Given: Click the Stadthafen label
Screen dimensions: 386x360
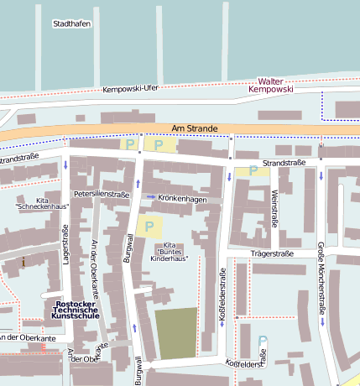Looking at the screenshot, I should pos(71,23).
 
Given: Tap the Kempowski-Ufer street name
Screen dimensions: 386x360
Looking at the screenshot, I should pos(130,89).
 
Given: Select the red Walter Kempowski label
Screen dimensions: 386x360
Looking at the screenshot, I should pos(287,83).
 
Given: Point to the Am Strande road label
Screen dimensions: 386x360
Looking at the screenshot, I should pos(188,128).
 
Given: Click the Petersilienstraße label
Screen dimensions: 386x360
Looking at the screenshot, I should pos(101,194).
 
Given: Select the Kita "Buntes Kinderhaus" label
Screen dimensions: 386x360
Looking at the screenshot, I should pos(171,253).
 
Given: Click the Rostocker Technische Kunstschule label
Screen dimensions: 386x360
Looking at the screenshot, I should pos(76,310).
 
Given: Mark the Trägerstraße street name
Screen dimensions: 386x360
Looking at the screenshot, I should pos(272,253).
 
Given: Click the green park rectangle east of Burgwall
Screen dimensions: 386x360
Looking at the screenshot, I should pos(176,333).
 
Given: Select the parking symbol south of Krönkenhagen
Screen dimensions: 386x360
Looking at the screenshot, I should pos(149,225).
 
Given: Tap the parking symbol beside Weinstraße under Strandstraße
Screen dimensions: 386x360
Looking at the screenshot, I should pos(253,171).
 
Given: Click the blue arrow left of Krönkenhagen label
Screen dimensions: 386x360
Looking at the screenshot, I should pos(150,197).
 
